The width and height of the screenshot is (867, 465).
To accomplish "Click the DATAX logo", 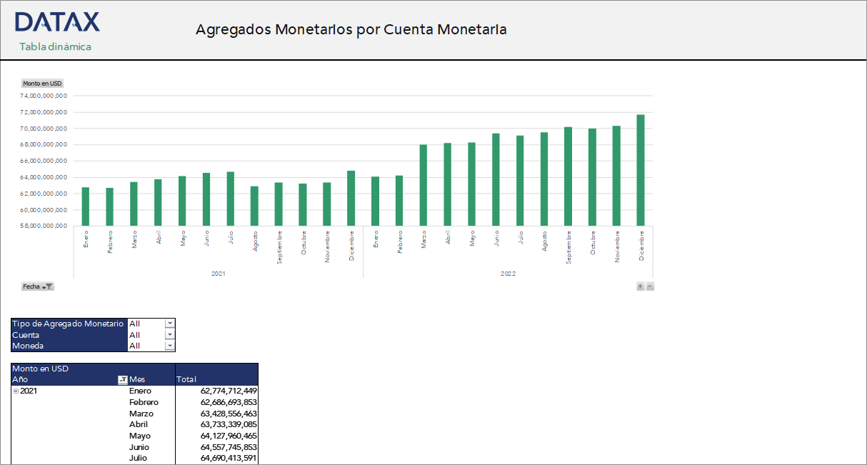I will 57,22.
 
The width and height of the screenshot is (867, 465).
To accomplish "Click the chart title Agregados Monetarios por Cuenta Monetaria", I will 351,29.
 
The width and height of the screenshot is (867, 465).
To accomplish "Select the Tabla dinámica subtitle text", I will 55,46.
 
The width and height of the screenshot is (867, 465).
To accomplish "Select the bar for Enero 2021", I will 86,206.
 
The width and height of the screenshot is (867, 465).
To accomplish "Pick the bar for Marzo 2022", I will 424,185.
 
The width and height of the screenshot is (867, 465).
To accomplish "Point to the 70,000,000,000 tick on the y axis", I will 45,129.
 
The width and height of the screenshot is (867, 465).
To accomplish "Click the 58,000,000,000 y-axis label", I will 45,226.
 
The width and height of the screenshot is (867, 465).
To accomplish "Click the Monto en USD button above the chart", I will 42,84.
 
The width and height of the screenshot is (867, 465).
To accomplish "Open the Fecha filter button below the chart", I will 38,286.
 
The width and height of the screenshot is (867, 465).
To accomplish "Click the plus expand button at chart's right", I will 640,286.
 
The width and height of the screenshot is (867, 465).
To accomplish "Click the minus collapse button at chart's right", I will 650,286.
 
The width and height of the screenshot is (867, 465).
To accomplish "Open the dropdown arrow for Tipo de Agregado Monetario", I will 169,324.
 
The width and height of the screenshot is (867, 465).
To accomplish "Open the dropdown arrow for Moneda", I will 169,346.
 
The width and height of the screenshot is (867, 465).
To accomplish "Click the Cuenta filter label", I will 26,335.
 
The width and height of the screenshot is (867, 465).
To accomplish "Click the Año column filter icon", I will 122,380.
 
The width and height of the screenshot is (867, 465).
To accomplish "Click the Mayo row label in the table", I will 139,436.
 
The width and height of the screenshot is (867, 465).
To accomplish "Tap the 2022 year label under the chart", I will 508,274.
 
